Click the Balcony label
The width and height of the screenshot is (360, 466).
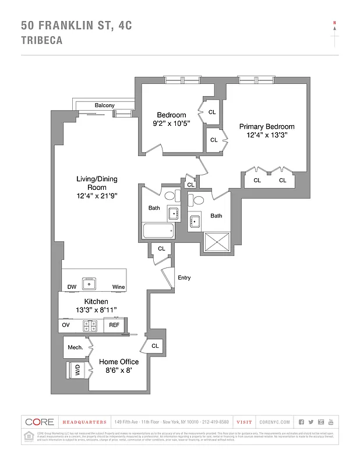(105, 105)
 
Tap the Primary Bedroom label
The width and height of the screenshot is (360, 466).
(267, 126)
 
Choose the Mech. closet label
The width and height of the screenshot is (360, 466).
(75, 348)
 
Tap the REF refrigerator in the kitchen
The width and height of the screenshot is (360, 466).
(114, 325)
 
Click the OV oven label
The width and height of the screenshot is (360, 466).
(66, 325)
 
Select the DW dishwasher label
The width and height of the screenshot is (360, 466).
(72, 287)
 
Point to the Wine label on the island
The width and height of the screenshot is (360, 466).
(118, 287)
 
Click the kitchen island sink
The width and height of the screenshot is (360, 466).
(90, 284)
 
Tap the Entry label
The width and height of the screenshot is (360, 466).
(184, 278)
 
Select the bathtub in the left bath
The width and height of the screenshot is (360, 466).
(158, 231)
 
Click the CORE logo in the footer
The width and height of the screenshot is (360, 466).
(40, 422)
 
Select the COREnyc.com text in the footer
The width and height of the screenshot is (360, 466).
(273, 422)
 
